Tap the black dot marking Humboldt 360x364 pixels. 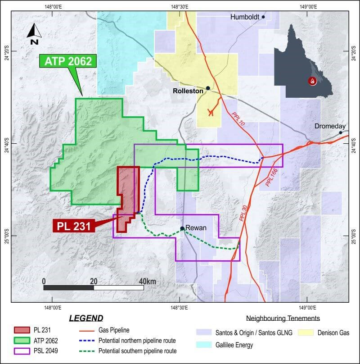263,17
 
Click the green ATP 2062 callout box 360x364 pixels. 68,61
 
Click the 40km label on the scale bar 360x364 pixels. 148,282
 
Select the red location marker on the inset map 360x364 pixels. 312,81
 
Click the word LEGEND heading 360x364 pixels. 85,318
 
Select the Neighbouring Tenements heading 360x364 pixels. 283,318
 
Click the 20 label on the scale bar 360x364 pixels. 94,282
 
